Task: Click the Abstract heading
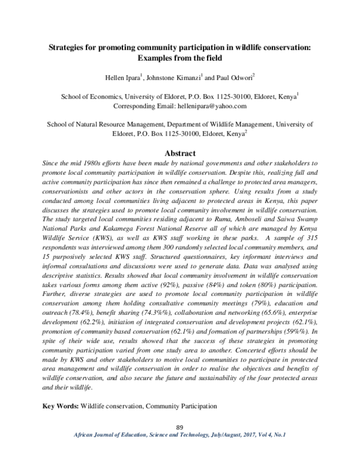[x=179, y=154]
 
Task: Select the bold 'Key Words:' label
[x=59, y=407]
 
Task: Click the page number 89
[x=179, y=427]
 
